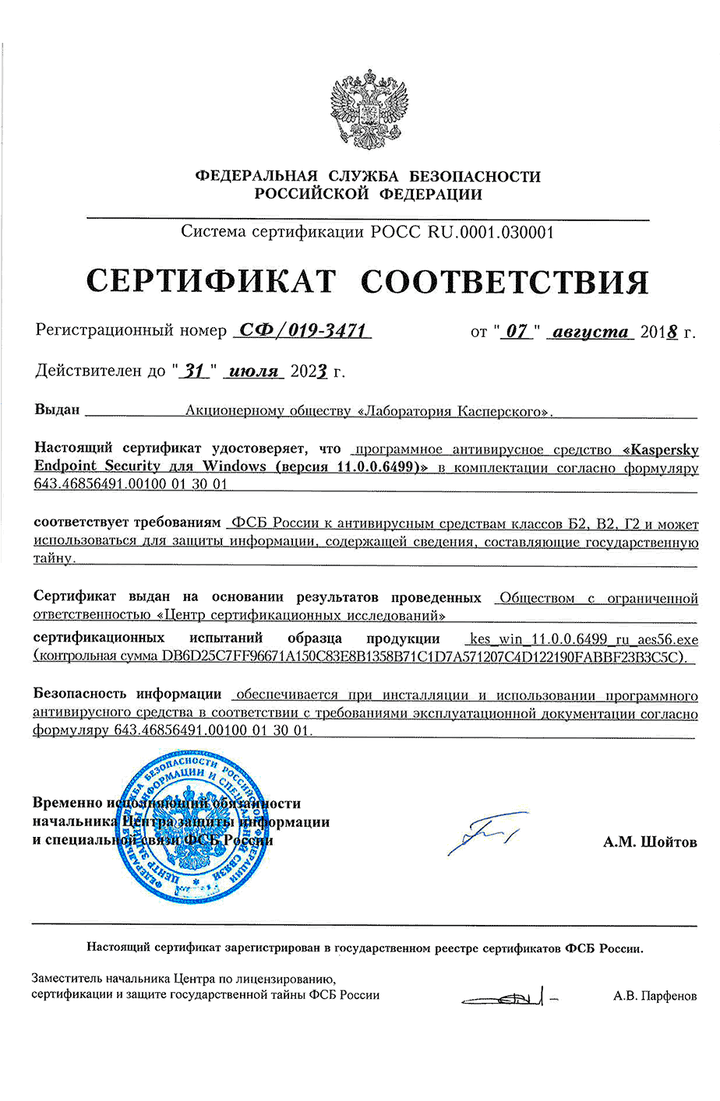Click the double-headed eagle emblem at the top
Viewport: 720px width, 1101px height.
click(369, 108)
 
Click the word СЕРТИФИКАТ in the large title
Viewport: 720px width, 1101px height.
click(210, 280)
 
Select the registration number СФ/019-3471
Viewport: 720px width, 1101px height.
click(302, 330)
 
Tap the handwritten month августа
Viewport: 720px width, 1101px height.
click(590, 332)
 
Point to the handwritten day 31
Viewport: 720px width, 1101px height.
click(194, 371)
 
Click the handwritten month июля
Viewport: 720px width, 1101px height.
click(255, 371)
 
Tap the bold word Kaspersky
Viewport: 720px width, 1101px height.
click(664, 449)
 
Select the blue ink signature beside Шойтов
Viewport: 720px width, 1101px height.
click(481, 833)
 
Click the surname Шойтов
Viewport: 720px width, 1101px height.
click(669, 842)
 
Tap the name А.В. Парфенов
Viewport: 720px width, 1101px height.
click(655, 996)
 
